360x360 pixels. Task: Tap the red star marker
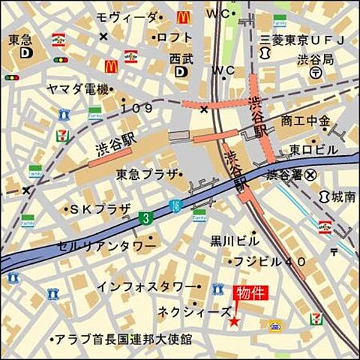[234, 321]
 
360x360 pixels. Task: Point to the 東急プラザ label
[147, 174]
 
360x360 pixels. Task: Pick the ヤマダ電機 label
[77, 89]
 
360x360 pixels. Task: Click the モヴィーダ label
[128, 17]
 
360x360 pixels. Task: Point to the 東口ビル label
[314, 149]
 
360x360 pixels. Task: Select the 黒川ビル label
[234, 241]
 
